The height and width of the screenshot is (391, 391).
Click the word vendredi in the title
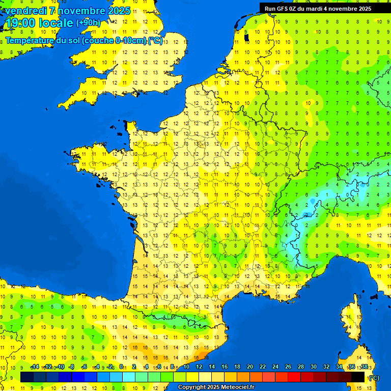[x=26, y=11]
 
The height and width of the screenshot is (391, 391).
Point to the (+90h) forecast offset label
[x=88, y=22]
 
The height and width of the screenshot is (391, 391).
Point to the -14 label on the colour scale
[x=35, y=367]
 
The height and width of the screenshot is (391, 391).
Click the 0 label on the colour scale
[x=121, y=367]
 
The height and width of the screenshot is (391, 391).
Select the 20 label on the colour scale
[x=250, y=367]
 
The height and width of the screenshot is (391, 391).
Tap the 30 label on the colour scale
[x=314, y=367]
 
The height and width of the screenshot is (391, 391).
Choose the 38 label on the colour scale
[x=365, y=367]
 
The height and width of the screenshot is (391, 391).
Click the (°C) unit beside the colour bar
[x=373, y=377]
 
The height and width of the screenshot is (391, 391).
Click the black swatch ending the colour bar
[x=358, y=377]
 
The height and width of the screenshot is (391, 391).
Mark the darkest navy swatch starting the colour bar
[x=27, y=377]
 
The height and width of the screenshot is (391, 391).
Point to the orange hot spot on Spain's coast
[x=202, y=355]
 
